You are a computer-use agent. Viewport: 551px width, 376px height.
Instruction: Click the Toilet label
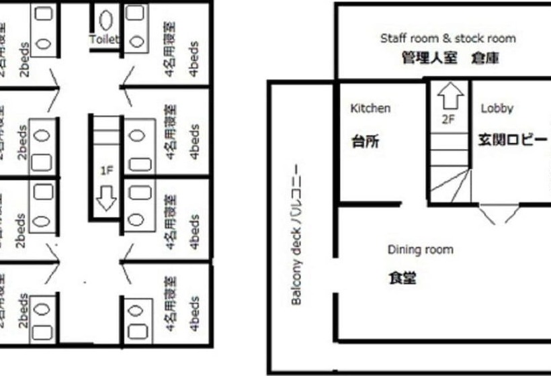(103, 40)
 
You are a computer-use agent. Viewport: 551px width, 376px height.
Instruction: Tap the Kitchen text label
(370, 108)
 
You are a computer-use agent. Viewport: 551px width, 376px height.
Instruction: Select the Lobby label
(497, 108)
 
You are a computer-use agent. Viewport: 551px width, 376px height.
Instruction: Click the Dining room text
(420, 250)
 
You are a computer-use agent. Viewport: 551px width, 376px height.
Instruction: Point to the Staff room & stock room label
(448, 38)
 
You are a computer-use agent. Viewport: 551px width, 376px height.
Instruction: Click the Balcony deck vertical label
(296, 236)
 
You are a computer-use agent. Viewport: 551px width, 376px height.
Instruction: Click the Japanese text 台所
(366, 142)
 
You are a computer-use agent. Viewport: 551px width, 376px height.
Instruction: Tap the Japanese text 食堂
(402, 277)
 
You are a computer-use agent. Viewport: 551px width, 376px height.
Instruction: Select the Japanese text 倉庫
(485, 58)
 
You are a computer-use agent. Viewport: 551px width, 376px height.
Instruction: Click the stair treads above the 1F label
(105, 134)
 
